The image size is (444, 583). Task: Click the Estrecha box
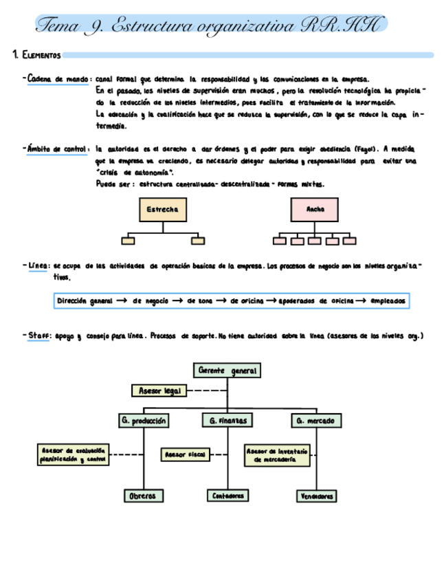point(163,210)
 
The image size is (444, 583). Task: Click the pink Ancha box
point(313,210)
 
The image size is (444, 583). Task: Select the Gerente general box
point(227,371)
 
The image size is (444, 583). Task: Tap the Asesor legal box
point(159,390)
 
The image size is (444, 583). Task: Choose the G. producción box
point(144,420)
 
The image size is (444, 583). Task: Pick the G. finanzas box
point(227,420)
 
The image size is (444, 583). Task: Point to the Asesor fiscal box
point(186,454)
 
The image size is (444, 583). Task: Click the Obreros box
point(143,496)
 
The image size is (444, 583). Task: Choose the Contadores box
point(227,495)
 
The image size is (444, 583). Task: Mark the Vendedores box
point(316,496)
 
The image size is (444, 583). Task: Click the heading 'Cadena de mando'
point(58,79)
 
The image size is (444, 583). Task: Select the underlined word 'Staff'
point(39,336)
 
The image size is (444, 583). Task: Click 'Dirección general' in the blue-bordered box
point(85,301)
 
